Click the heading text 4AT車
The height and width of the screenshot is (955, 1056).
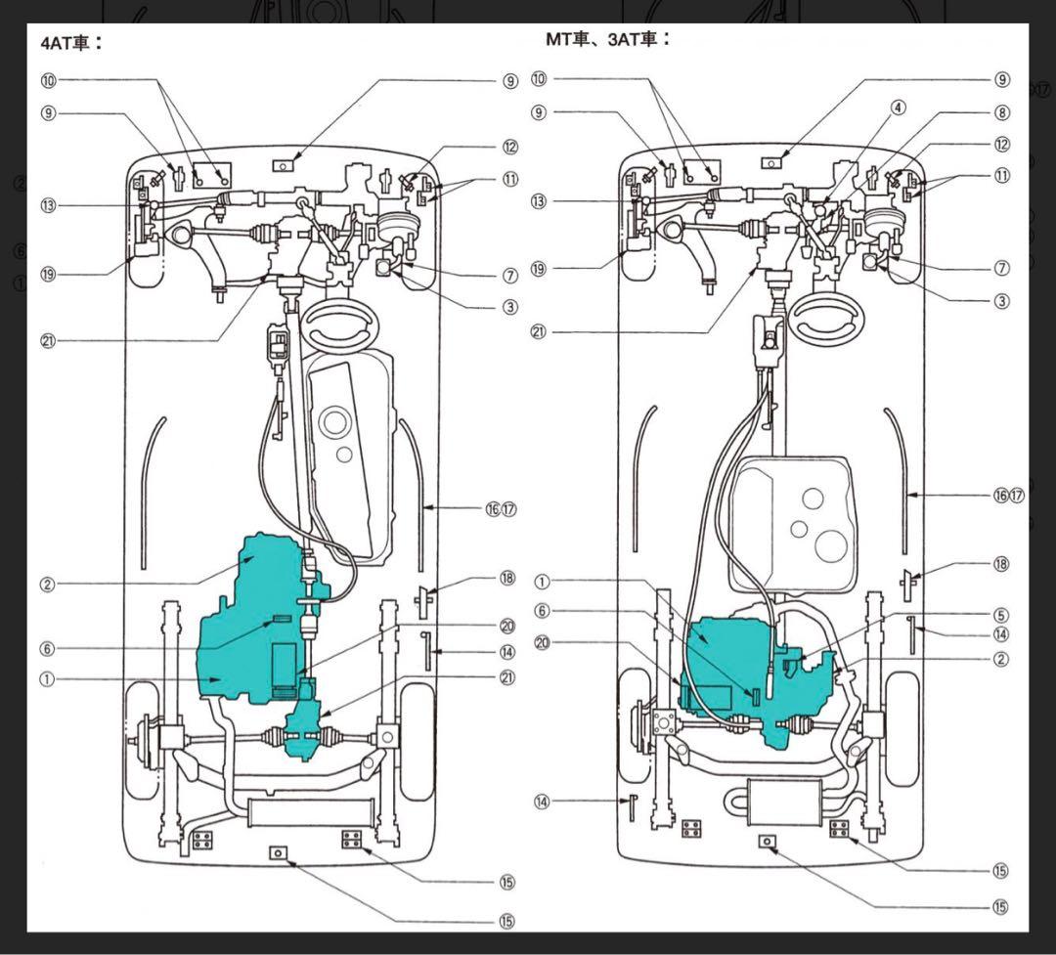[70, 43]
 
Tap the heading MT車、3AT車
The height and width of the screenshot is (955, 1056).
[607, 39]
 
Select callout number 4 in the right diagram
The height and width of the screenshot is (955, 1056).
[899, 107]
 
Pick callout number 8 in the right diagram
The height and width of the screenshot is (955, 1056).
[1001, 112]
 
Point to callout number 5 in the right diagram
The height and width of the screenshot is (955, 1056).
[1000, 616]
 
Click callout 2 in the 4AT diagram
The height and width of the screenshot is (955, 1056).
[48, 585]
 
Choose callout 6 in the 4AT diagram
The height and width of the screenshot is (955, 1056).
[48, 648]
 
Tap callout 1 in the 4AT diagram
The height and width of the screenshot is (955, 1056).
[48, 680]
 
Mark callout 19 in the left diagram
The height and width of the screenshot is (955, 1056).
[48, 275]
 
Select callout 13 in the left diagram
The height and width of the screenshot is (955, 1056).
[48, 205]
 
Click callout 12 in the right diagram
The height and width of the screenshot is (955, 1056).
[1001, 145]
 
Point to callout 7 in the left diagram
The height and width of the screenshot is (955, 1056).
[509, 276]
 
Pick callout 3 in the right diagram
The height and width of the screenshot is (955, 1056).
[1001, 301]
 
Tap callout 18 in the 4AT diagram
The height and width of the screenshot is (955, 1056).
[506, 578]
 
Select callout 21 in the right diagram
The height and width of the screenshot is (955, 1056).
[539, 331]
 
